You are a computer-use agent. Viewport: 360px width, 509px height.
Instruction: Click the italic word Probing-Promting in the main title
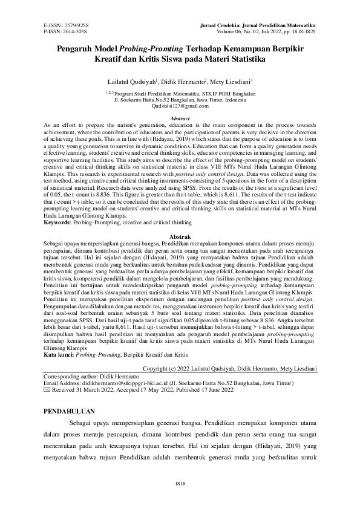144,48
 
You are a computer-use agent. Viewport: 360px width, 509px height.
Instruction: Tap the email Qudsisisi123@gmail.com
180,106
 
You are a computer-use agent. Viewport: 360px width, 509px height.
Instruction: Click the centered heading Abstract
180,118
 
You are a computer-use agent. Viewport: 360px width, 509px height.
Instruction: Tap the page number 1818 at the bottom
180,485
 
